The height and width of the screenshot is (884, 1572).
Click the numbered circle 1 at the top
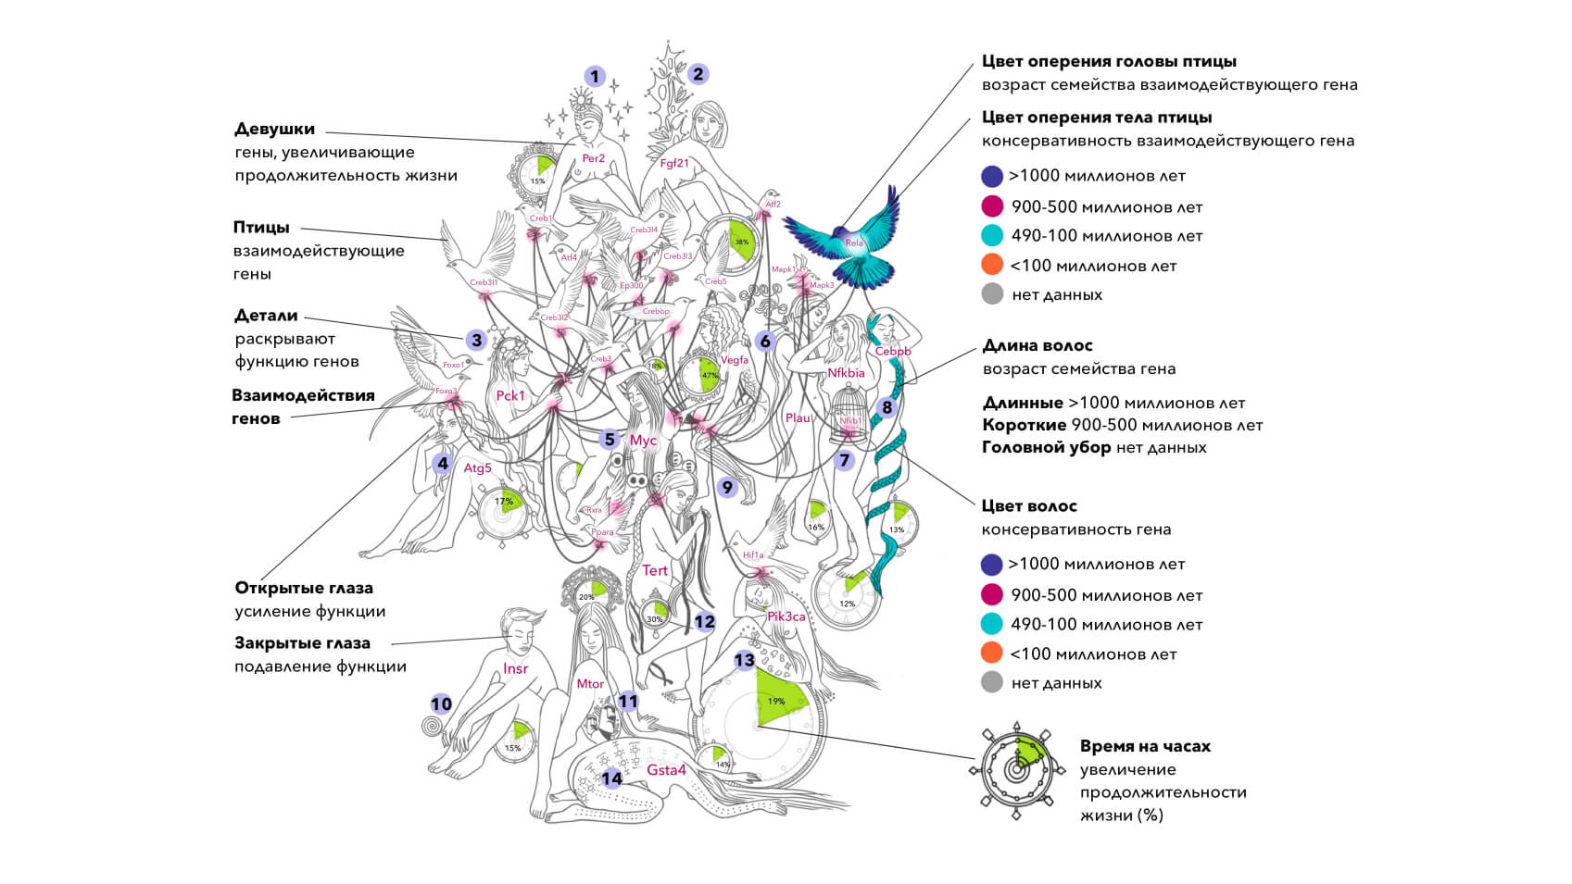[595, 77]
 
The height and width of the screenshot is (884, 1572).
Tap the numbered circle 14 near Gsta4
[612, 778]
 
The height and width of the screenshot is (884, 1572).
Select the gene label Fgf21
[674, 163]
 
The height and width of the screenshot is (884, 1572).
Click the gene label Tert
[655, 570]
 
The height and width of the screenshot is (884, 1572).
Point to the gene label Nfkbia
[846, 373]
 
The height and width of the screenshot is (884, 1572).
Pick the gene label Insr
[516, 668]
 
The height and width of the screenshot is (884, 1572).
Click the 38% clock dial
[730, 243]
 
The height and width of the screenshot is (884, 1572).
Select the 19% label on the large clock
[776, 701]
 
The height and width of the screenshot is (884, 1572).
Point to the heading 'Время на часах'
[1145, 746]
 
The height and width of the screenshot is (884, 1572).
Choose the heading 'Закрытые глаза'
[302, 642]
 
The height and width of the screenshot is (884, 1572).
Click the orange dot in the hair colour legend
[991, 654]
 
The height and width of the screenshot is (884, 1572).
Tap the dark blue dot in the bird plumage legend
[992, 176]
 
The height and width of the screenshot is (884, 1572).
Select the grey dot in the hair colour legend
[991, 683]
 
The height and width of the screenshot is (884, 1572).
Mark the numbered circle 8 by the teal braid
[887, 407]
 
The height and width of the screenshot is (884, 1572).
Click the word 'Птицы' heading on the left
[261, 227]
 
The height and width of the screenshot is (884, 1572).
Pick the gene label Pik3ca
[786, 616]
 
